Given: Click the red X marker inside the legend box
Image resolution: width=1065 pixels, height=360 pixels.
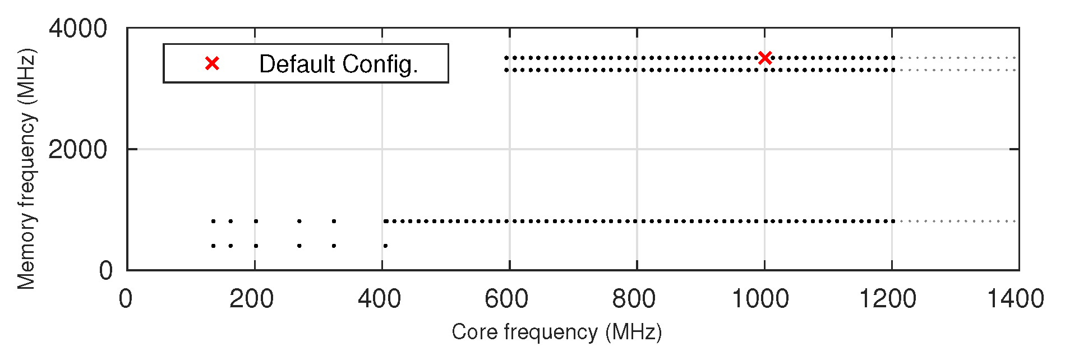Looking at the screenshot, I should pos(212,64).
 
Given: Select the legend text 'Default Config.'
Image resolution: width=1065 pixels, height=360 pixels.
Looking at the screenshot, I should pos(338,64).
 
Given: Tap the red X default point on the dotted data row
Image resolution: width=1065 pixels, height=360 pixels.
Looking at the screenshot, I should pos(765,58).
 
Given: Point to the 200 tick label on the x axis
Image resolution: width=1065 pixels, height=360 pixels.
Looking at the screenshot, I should pos(251,299).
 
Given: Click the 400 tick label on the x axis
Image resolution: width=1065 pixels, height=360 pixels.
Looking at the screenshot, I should pos(379,299).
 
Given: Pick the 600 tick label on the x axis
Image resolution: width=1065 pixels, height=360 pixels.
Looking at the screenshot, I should pos(506,299).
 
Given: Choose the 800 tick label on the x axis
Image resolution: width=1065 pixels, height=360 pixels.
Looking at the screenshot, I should pos(634,299).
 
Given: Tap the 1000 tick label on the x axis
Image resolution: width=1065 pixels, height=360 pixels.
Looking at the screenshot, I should pos(760,299).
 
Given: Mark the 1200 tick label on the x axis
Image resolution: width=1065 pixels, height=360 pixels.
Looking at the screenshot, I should pos(888,299).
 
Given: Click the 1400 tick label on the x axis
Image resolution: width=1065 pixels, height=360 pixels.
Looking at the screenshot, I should pos(1015,299).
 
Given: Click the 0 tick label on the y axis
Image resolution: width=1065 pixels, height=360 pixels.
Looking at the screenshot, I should pos(106,271).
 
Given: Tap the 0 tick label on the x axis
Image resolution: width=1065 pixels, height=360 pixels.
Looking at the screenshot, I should pos(126,299).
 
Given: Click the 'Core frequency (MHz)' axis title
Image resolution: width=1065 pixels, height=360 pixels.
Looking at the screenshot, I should pos(556,332).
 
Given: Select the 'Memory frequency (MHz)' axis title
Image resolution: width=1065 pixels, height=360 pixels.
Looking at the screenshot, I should pos(26,168).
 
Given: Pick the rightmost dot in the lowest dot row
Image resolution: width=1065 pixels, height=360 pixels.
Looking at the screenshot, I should pos(385,246).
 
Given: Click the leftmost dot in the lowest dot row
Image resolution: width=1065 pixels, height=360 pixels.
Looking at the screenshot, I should pos(213,246).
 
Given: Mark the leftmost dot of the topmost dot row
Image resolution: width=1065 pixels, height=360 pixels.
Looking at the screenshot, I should pos(506,58).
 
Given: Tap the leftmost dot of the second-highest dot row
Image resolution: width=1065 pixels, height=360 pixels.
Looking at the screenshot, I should pos(506,70).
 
